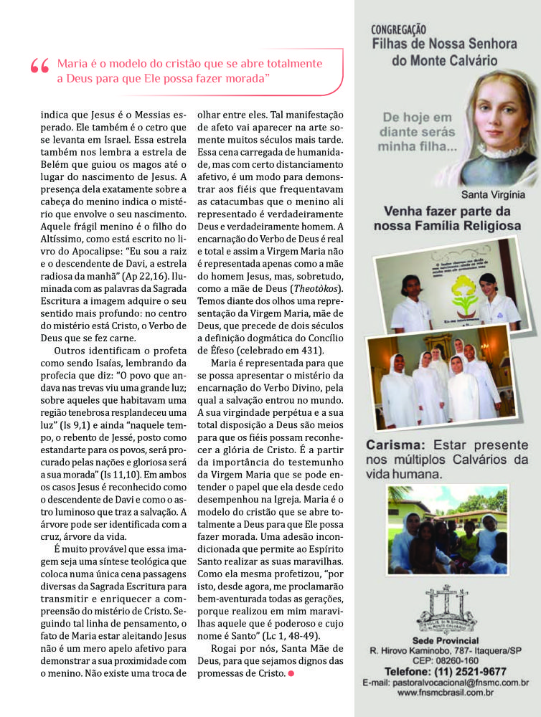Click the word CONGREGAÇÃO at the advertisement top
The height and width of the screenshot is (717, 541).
point(398,30)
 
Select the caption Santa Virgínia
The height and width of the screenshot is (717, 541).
point(492,194)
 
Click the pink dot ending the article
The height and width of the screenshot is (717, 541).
point(291,673)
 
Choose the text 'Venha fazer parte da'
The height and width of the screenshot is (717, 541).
point(446,212)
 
